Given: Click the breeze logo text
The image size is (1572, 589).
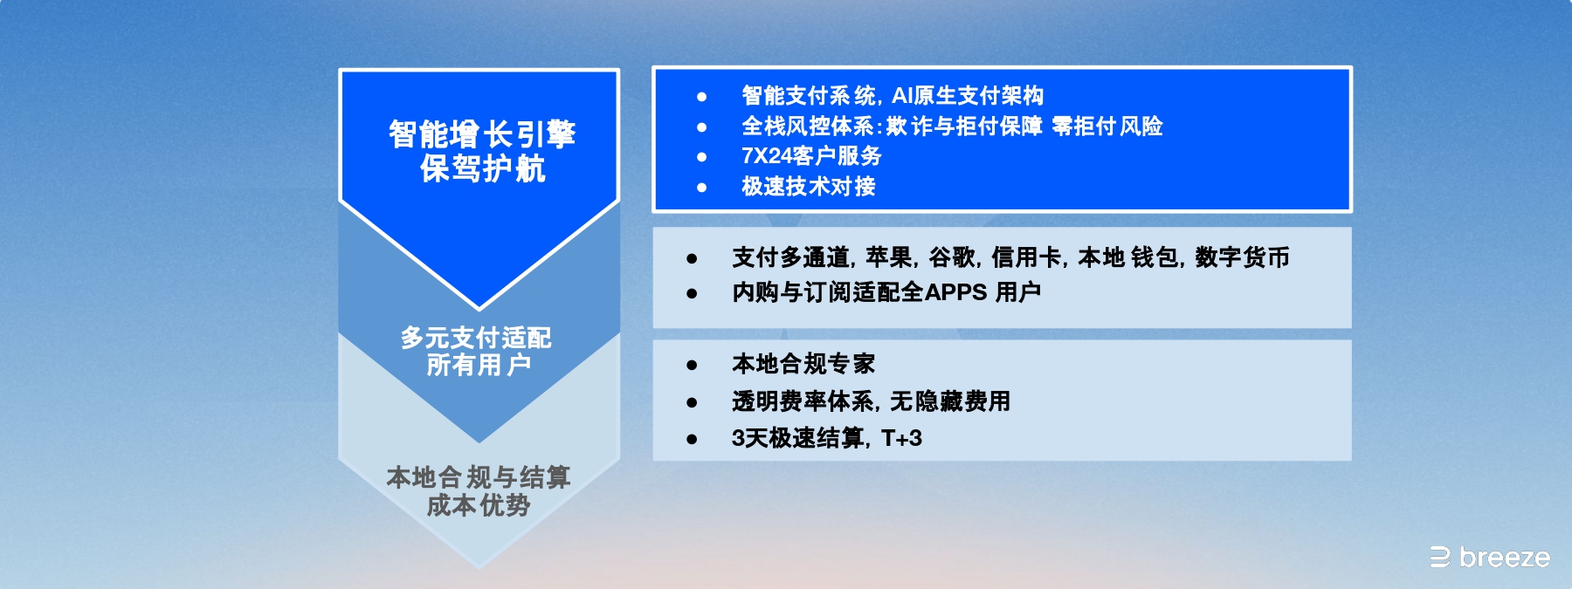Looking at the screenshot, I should point(1504,558).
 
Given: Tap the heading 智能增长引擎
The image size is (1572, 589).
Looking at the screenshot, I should point(482,135).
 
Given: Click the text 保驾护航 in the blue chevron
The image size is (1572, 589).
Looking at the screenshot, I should point(482,168).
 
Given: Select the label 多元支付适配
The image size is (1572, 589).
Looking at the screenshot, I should point(476,338).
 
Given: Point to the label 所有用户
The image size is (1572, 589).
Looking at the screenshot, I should point(478,365).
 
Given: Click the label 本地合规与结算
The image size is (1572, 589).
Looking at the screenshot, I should point(479,477).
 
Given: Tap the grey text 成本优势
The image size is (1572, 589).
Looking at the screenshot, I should point(479,505).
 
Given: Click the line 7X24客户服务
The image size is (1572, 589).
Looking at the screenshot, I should point(811,156).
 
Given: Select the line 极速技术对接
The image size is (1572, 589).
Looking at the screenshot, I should point(808,187).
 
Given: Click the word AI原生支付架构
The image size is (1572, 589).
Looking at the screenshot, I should point(967,96).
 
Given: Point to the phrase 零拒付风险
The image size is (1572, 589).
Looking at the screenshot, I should point(1107,127).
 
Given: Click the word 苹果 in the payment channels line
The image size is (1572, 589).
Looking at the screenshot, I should point(888,257).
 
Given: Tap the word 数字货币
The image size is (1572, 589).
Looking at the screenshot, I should point(1242,257).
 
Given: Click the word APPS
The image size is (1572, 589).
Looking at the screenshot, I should point(955,292).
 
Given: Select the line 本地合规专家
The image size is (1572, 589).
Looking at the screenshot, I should point(803,364).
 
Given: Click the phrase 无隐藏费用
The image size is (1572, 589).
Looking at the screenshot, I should point(949,401).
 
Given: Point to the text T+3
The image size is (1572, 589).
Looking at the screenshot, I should point(901,438).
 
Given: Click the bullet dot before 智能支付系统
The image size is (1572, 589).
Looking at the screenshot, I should point(701,97).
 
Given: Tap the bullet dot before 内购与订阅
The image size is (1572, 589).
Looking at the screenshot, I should point(692,294).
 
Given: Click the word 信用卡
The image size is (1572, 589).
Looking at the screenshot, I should point(1026,257).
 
